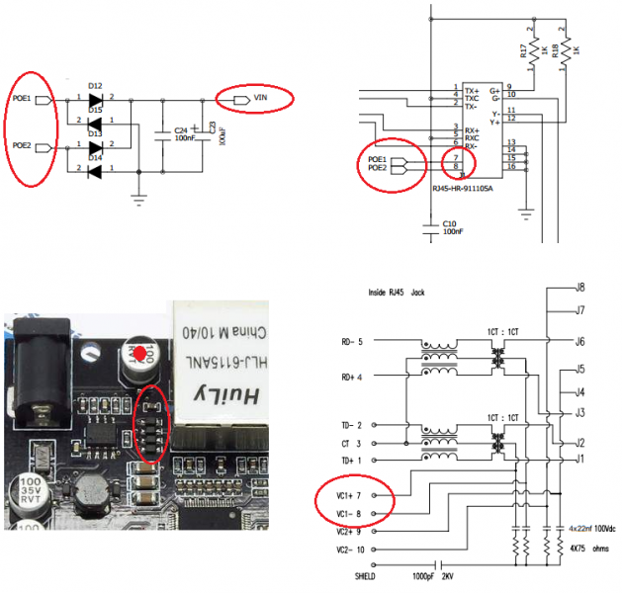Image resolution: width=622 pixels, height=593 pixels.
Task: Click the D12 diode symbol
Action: click(96, 99)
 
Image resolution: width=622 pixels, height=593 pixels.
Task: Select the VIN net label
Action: click(260, 97)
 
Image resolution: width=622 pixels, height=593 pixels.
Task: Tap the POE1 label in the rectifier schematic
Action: click(21, 99)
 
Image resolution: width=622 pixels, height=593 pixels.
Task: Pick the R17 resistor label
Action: click(523, 50)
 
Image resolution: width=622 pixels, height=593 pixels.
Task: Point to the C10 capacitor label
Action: click(450, 224)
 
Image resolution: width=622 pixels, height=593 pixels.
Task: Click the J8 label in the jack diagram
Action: click(580, 288)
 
